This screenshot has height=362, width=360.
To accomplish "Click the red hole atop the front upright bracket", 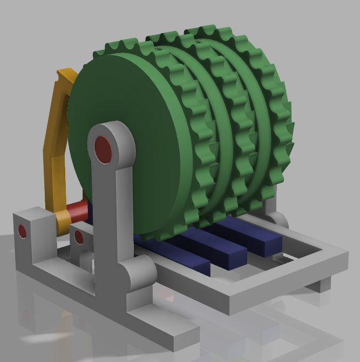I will coord(103,149).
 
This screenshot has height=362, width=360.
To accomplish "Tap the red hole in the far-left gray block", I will coord(22,231).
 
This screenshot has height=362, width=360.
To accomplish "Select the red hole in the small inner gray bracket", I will coord(79,237).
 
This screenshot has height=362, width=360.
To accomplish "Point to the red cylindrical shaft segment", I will coord(77,210).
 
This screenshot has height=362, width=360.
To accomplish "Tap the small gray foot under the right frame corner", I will coord(322,284).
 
